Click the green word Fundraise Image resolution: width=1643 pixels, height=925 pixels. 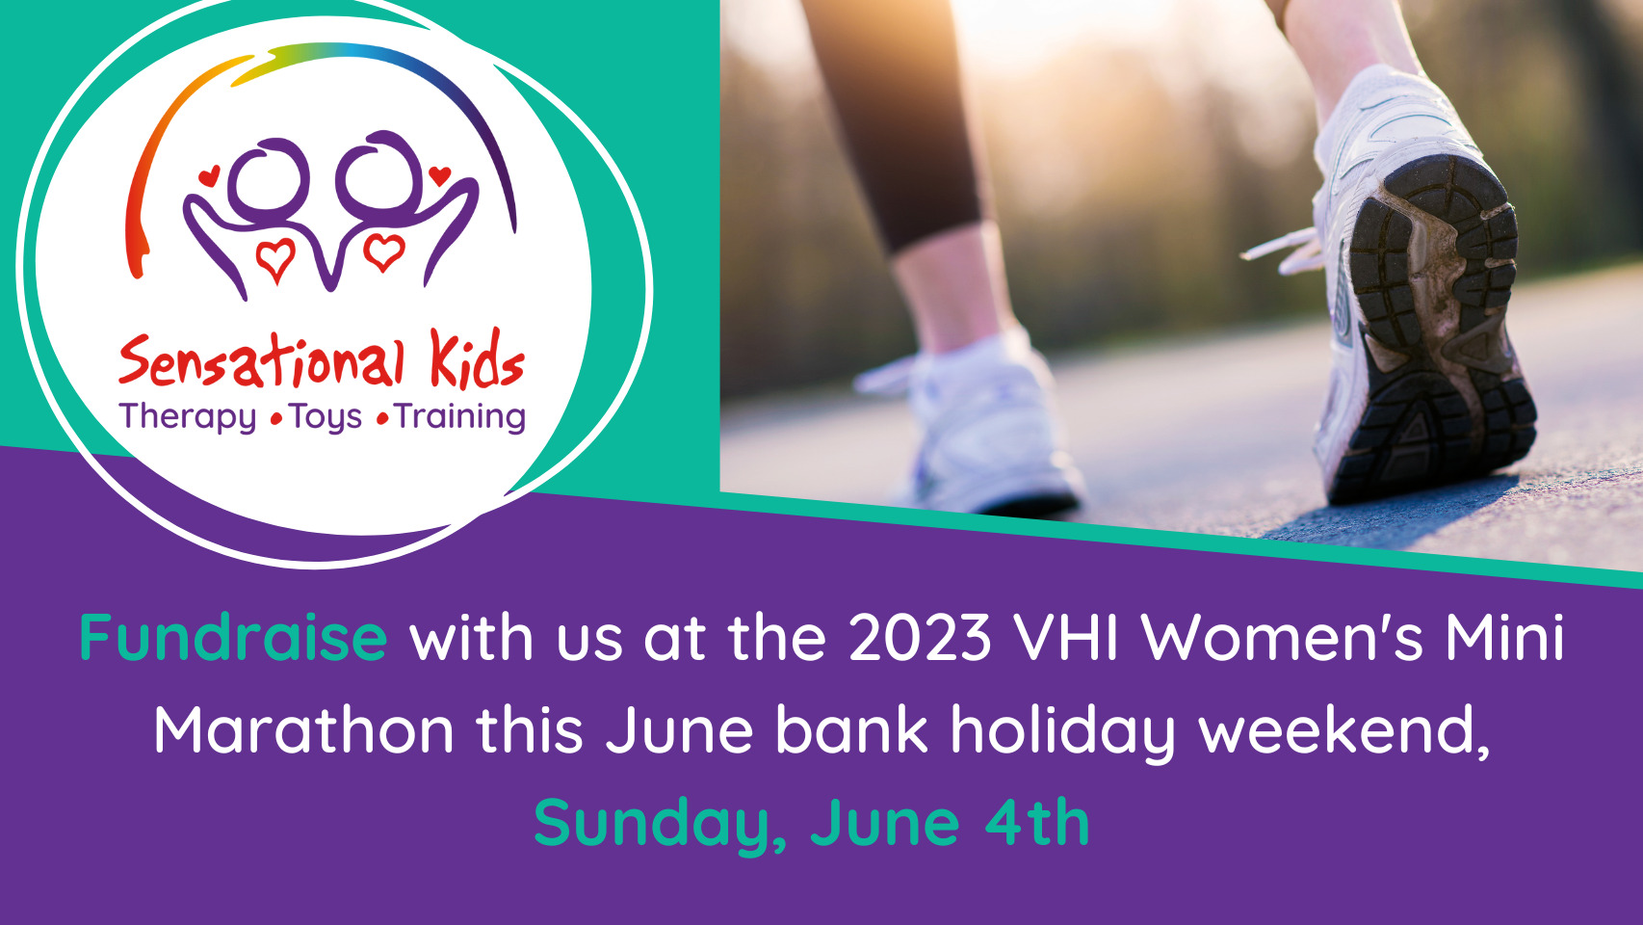pyautogui.click(x=233, y=637)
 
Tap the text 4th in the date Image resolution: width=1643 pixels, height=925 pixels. pyautogui.click(x=1036, y=822)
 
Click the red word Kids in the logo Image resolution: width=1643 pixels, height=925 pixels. pyautogui.click(x=478, y=358)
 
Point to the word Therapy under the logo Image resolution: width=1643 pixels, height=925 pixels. pyautogui.click(x=188, y=418)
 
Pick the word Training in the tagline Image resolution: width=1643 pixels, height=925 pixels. pyautogui.click(x=460, y=418)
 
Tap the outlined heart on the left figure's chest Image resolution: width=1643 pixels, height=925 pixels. pyautogui.click(x=275, y=259)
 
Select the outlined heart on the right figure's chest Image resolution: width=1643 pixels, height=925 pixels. pyautogui.click(x=383, y=251)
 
